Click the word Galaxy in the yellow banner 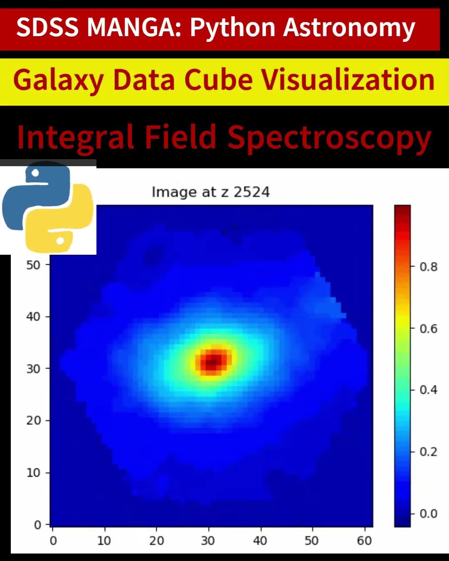58,80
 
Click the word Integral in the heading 75,137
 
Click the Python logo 48,207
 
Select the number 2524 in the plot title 252,192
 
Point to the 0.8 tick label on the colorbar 428,267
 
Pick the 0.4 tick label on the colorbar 428,390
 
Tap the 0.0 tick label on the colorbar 428,514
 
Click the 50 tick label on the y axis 33,265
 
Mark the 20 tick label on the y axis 33,421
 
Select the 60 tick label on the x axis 364,541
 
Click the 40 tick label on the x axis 260,541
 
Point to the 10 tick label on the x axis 104,541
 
